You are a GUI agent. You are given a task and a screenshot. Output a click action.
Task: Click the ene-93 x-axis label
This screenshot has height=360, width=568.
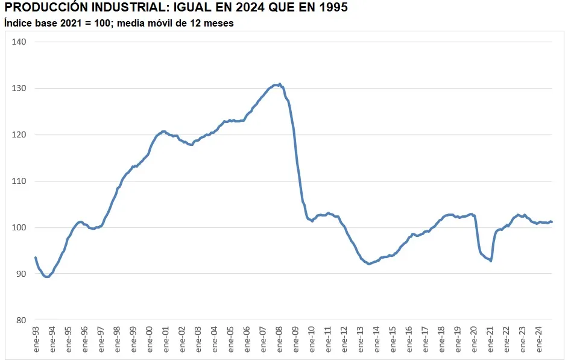point(36,339)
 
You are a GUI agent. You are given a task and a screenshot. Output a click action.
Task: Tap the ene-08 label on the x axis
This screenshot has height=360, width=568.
point(280,339)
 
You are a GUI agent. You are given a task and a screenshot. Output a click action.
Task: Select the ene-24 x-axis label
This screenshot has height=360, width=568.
point(540,339)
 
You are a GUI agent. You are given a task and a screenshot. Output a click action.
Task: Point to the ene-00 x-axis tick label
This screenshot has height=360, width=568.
point(150,339)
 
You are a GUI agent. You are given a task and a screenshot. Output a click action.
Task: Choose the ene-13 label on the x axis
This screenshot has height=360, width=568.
point(361,339)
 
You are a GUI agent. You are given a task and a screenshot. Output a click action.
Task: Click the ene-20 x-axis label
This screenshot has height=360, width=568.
point(475,339)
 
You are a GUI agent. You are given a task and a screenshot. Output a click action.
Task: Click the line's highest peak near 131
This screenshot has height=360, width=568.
point(279,84)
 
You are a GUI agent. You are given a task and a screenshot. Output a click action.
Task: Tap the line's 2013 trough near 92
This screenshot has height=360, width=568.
point(369,264)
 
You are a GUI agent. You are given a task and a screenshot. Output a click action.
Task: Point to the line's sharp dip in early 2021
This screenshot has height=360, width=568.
point(491,261)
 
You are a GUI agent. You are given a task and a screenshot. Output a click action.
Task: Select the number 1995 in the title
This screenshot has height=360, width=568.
point(331,8)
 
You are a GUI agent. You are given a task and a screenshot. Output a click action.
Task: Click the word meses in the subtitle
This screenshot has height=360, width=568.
point(218,23)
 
